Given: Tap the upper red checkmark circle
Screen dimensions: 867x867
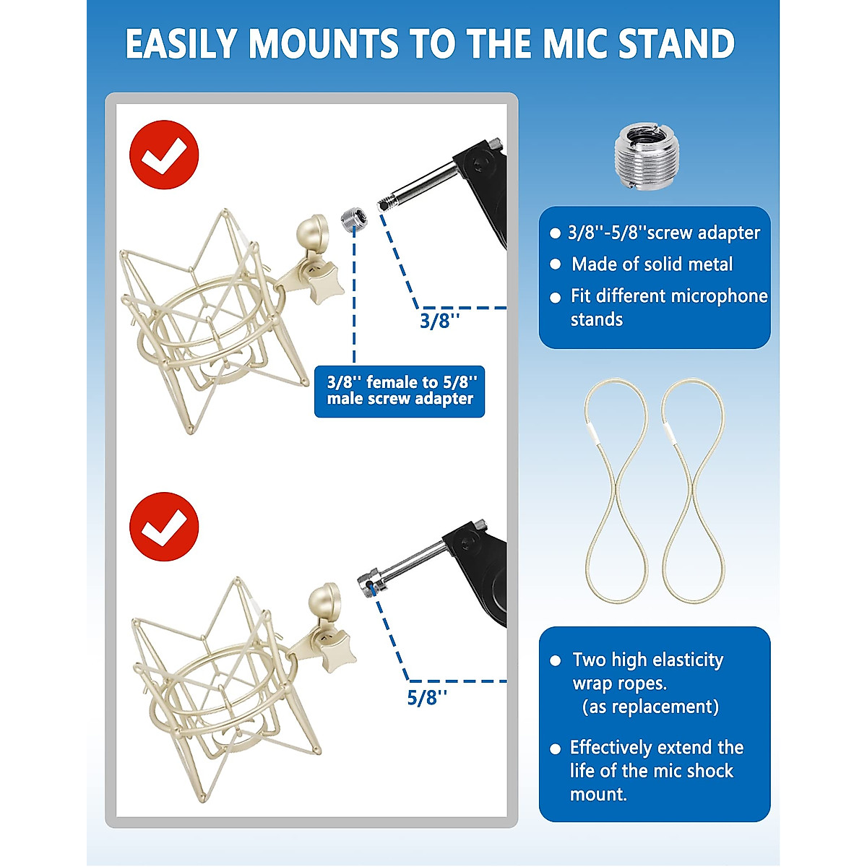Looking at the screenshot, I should (x=164, y=155).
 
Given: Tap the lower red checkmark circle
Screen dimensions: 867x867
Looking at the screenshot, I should (x=164, y=527).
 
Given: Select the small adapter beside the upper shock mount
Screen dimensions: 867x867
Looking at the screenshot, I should (x=351, y=218).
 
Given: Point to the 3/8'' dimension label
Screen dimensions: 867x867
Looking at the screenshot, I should (x=439, y=321).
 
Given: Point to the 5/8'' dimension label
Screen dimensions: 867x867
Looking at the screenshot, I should (x=427, y=697).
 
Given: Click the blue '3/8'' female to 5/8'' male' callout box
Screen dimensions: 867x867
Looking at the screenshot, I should (x=400, y=391).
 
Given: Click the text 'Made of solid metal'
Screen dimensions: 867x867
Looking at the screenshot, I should (x=652, y=264).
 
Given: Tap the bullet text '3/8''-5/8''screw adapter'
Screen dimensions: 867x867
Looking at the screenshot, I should (x=663, y=233).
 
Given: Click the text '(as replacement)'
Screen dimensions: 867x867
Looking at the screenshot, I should (x=650, y=707).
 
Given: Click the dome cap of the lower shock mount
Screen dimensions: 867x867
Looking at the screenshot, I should (x=324, y=600).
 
